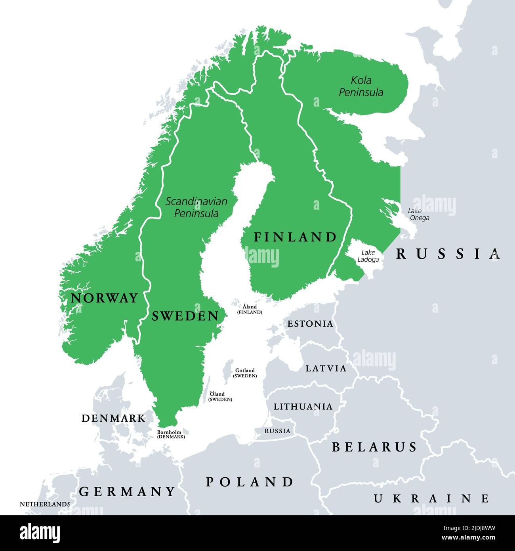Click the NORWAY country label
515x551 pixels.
click(x=104, y=298)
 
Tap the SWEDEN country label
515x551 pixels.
click(x=185, y=316)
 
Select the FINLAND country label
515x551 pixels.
click(x=295, y=237)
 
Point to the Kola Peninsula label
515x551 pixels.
click(x=361, y=86)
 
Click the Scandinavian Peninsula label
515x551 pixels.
click(x=196, y=207)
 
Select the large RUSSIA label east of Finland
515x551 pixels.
click(x=448, y=254)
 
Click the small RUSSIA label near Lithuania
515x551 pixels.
click(x=277, y=431)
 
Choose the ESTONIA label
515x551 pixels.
click(x=310, y=323)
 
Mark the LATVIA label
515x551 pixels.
click(x=326, y=368)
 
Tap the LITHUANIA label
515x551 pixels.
click(x=303, y=406)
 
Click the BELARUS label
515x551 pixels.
click(x=374, y=447)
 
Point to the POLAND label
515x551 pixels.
click(x=250, y=482)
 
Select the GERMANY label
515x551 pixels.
click(x=127, y=492)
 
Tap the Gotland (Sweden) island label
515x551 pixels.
click(x=245, y=373)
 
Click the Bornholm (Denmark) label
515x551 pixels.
click(x=171, y=434)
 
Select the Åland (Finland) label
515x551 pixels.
click(x=250, y=309)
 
